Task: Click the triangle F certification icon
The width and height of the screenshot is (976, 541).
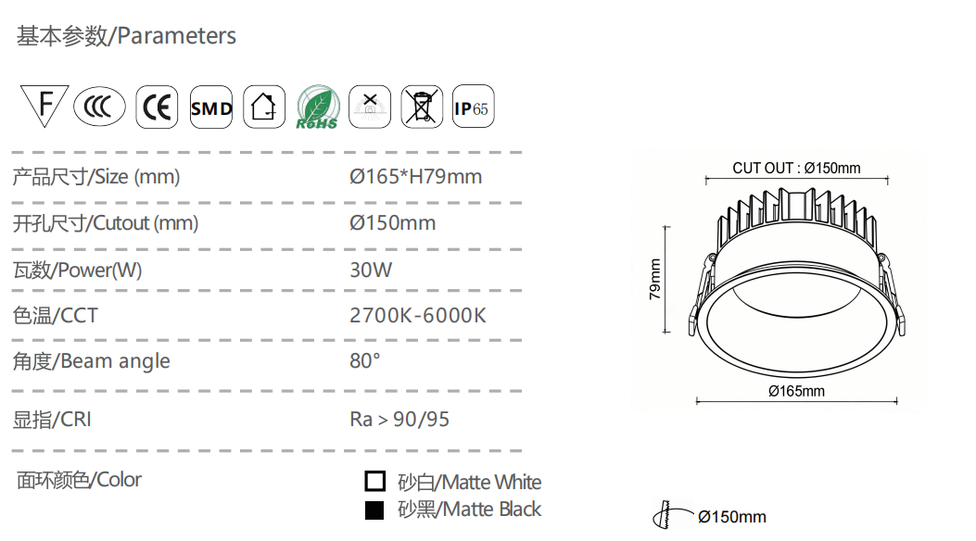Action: click(x=44, y=105)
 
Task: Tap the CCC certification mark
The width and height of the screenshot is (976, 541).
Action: click(x=99, y=107)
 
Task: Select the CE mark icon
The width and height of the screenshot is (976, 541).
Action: click(x=157, y=107)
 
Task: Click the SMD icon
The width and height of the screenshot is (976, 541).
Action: click(x=211, y=107)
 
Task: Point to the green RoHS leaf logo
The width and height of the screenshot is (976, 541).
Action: click(x=317, y=107)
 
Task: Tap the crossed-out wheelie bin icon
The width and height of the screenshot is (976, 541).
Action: click(x=422, y=107)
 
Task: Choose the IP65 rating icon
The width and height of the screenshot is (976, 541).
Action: click(x=473, y=107)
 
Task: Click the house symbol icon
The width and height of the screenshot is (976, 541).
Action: click(x=264, y=107)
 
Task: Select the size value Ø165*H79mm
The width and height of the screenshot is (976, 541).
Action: click(x=416, y=177)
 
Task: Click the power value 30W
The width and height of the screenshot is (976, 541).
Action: click(x=371, y=270)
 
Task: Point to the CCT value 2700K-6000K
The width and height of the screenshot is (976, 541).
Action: click(x=418, y=315)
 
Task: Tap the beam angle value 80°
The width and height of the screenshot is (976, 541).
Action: click(x=365, y=360)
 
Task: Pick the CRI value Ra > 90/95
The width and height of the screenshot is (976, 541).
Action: click(x=399, y=419)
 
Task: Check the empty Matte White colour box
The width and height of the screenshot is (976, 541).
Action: click(x=374, y=481)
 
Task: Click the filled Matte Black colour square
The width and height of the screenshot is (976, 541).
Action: click(x=374, y=510)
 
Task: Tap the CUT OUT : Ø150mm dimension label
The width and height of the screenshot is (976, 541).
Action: click(x=797, y=168)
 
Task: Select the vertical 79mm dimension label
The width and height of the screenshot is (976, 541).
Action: click(x=654, y=279)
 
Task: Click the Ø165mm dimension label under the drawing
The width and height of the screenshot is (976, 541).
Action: click(x=797, y=391)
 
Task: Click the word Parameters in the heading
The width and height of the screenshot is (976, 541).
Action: click(x=177, y=36)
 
